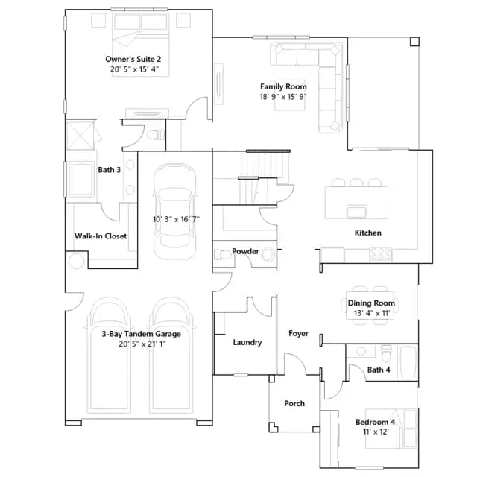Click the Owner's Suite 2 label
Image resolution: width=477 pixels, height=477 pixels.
[133, 59]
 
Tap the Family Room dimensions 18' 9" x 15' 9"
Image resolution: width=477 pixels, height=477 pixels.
[283, 97]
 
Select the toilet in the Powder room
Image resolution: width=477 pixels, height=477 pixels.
[223, 255]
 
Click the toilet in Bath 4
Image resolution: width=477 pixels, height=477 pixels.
[386, 353]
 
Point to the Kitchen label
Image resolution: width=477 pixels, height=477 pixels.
[367, 233]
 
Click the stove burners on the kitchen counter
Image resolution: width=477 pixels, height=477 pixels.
[381, 254]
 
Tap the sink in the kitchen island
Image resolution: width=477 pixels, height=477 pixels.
[356, 212]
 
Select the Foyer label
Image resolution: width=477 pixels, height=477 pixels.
[298, 333]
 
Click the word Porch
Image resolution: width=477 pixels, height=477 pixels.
[294, 403]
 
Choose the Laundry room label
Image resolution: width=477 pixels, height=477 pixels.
[247, 343]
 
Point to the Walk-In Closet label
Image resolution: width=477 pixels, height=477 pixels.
[101, 236]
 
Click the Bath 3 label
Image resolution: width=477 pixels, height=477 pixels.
[110, 170]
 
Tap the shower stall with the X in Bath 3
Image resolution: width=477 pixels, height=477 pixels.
[80, 136]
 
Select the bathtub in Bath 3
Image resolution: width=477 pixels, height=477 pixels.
[81, 180]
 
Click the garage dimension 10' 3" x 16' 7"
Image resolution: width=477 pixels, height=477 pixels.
[176, 219]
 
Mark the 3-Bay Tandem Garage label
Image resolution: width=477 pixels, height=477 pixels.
[141, 334]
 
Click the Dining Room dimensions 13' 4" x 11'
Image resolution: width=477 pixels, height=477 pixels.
[372, 313]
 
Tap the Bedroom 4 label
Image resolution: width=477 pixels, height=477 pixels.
[376, 422]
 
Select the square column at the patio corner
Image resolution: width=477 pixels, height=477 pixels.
[414, 42]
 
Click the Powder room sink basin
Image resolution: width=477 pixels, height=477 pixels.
[268, 254]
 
